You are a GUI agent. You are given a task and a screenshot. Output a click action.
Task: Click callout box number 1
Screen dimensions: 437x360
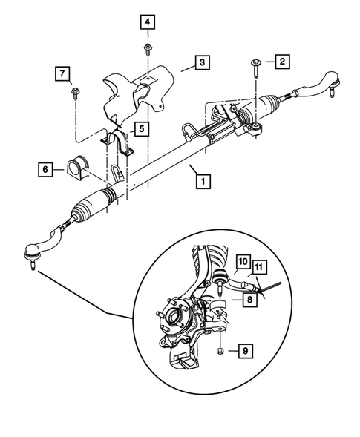(x=198, y=179)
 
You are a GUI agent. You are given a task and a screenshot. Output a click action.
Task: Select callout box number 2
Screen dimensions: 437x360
(x=281, y=62)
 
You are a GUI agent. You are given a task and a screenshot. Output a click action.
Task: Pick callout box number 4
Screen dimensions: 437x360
(x=148, y=22)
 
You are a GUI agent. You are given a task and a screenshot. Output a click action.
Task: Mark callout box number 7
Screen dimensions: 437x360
(x=62, y=73)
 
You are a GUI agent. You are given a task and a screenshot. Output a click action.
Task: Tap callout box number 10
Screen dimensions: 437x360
(x=243, y=261)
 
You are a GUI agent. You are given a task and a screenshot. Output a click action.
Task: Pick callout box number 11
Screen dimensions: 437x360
(x=258, y=266)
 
